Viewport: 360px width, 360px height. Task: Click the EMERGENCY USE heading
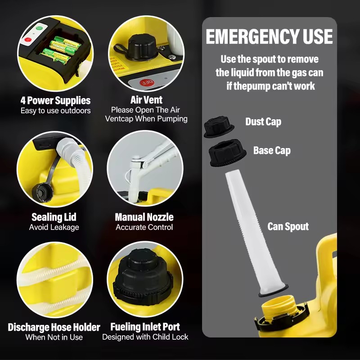[x=269, y=36]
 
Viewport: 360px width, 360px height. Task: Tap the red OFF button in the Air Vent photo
[x=147, y=82]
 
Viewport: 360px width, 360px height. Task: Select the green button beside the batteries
[x=39, y=28]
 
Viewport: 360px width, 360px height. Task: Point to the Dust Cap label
[x=263, y=121]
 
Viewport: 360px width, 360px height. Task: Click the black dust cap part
[x=219, y=126]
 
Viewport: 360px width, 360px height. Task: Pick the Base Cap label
[x=272, y=150]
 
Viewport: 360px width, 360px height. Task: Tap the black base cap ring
[x=227, y=153]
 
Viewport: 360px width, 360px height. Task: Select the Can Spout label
[x=288, y=226]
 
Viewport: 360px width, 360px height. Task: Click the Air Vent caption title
[x=146, y=100]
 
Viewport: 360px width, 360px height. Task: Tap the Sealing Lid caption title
[x=54, y=217]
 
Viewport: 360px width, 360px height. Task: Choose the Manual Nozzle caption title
[x=144, y=217]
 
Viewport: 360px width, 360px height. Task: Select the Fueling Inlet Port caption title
[x=145, y=327]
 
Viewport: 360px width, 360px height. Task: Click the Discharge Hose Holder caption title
[x=54, y=327]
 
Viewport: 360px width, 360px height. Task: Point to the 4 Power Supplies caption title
[x=55, y=100]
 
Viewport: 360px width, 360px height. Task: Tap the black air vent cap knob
[x=143, y=47]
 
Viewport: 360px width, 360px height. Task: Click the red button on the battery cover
[x=28, y=40]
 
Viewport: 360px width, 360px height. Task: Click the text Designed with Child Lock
[x=145, y=337]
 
